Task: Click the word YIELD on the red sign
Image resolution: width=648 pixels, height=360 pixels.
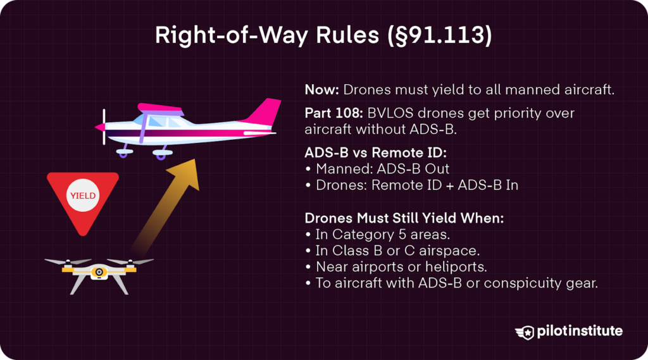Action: [83, 196]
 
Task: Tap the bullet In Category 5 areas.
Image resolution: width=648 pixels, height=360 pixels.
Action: [378, 235]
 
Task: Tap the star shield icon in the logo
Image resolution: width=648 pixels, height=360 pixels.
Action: [525, 332]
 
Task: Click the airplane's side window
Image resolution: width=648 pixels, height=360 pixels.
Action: [154, 120]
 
